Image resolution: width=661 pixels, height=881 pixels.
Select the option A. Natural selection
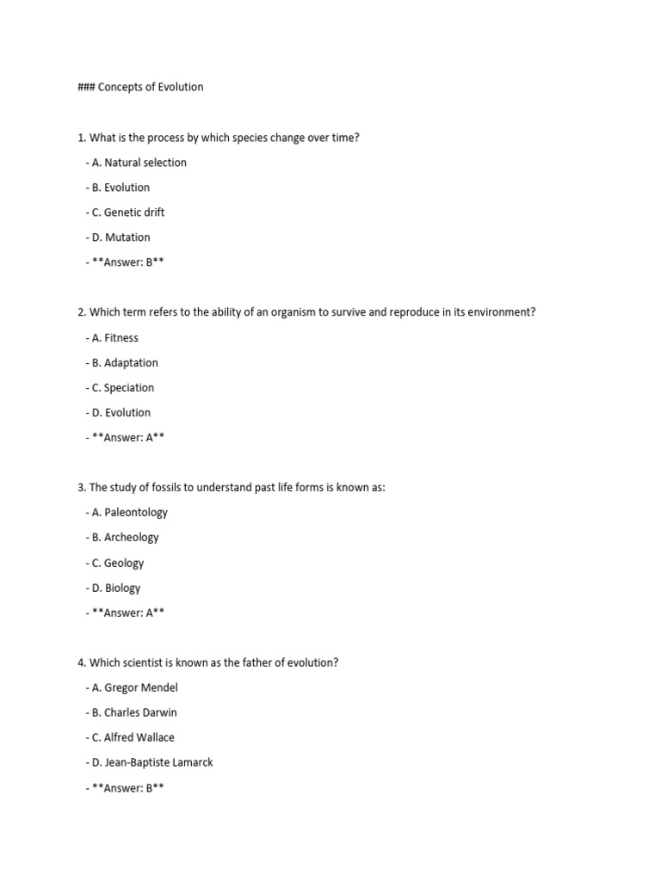pos(136,163)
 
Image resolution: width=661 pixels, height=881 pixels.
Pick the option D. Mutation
pos(118,237)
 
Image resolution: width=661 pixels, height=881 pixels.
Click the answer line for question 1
pos(125,262)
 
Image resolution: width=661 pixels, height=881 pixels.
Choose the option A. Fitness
pos(112,338)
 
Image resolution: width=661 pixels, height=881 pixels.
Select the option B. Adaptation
pos(122,363)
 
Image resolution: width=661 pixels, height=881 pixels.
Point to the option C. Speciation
pos(120,388)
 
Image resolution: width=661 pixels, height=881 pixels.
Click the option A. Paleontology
pos(127,513)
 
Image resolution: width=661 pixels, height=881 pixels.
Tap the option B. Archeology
pos(122,538)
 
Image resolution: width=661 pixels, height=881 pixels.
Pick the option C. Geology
pos(115,564)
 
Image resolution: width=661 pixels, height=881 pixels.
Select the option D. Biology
pos(114,588)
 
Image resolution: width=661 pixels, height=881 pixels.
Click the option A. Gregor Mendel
pos(132,688)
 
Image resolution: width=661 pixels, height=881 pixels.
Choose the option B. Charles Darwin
pos(132,713)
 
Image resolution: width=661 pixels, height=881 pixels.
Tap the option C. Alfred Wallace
pos(130,738)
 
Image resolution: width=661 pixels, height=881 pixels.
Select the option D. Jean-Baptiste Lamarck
pos(150,763)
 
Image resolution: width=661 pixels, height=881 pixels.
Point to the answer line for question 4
pos(125,788)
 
